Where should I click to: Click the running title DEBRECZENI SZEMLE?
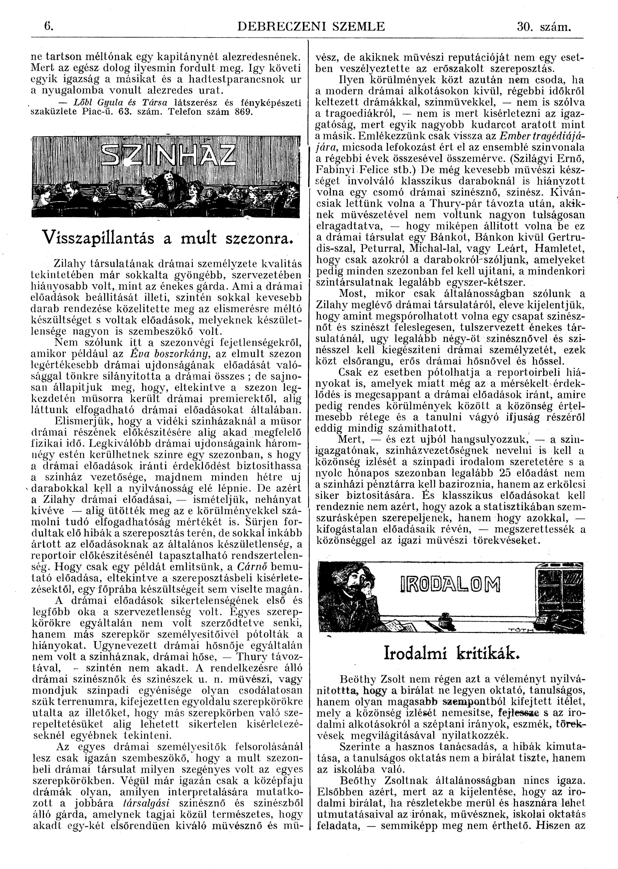pos(311,27)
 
